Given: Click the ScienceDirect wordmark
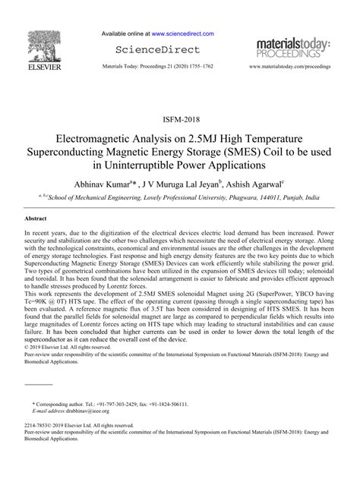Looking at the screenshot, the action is (x=156, y=50).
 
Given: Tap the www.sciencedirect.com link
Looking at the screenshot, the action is (x=182, y=34).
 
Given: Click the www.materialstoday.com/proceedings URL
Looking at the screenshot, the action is (x=292, y=67).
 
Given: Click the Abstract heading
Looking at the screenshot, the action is (x=38, y=218).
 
